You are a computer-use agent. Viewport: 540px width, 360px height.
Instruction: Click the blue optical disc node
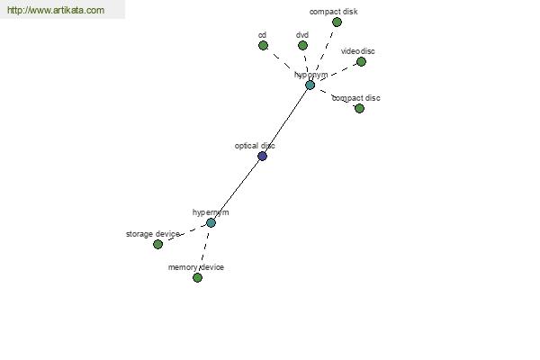pos(262,156)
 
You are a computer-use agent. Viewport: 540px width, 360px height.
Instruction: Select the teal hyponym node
pos(310,85)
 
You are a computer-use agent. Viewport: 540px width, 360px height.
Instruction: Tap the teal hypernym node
pos(211,222)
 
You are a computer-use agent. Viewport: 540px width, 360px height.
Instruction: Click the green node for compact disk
pos(337,22)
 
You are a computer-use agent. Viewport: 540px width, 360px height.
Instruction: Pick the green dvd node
pos(302,45)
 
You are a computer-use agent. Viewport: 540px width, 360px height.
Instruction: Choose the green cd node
pos(263,45)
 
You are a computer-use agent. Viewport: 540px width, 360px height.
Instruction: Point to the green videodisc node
pos(361,62)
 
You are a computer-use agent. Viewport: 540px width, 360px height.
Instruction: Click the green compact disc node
pos(359,108)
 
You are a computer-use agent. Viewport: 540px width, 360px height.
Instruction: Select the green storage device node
pos(157,244)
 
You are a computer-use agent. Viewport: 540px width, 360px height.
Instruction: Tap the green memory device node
pos(197,277)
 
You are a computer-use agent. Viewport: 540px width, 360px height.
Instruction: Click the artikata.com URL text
pos(56,10)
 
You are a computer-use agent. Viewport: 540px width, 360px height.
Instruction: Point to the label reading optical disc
pos(255,146)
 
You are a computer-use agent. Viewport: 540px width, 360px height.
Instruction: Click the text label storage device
pos(153,234)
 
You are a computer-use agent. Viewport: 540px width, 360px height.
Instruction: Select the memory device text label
pos(196,267)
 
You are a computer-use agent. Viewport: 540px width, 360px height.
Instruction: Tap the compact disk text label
pos(333,12)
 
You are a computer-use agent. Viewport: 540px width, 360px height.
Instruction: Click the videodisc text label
pos(358,51)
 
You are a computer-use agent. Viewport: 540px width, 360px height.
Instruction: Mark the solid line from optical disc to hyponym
pos(286,121)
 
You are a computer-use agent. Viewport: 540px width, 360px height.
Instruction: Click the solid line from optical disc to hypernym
pos(237,190)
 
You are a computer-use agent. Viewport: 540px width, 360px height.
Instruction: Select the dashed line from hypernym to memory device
pos(204,250)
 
